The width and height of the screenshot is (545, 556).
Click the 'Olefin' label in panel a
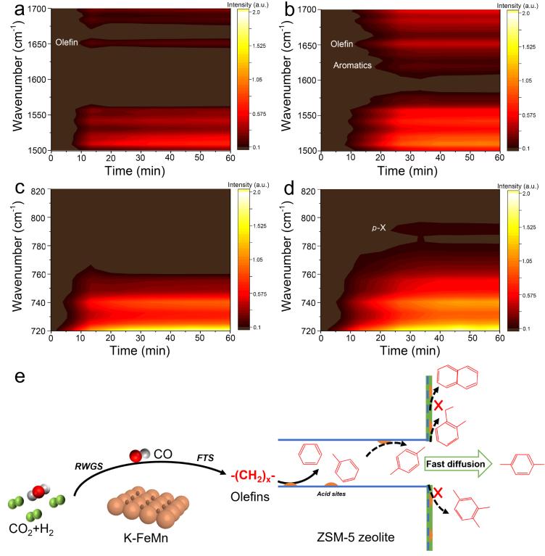pyautogui.click(x=67, y=43)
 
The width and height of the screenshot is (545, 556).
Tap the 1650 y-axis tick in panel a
pyautogui.click(x=34, y=44)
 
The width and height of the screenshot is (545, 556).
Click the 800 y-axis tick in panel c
pyautogui.click(x=38, y=217)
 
